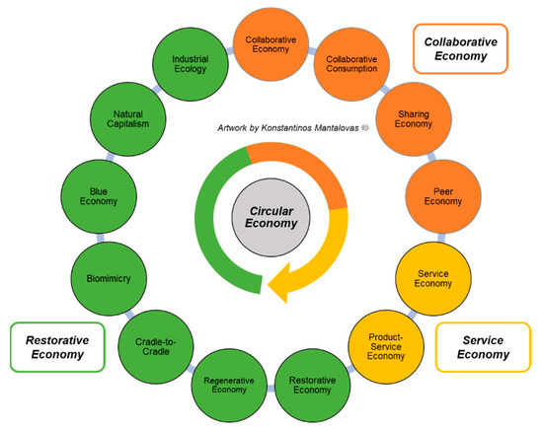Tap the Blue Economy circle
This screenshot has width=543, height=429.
click(99, 195)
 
